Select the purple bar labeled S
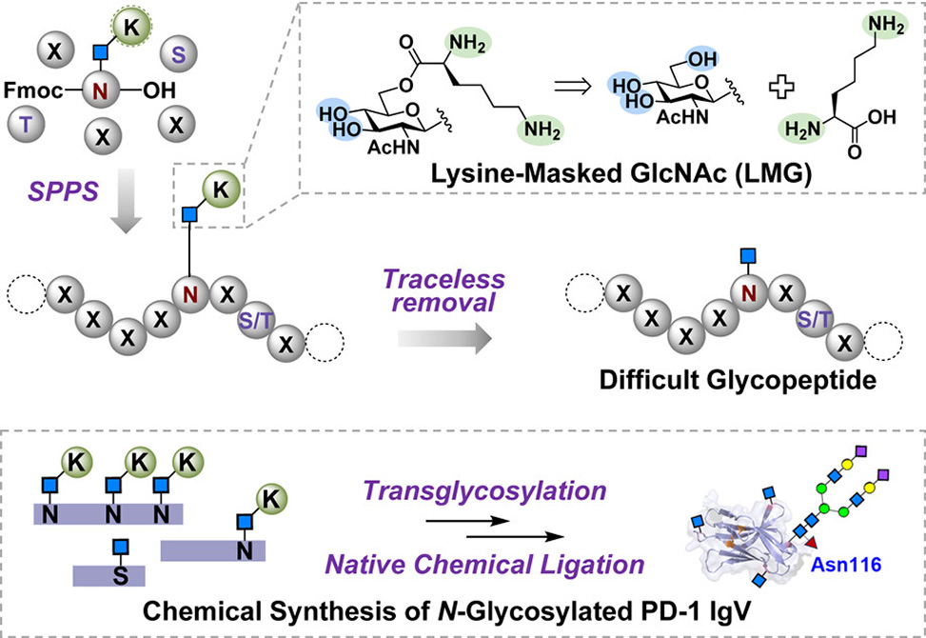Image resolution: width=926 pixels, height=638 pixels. pyautogui.click(x=108, y=574)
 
